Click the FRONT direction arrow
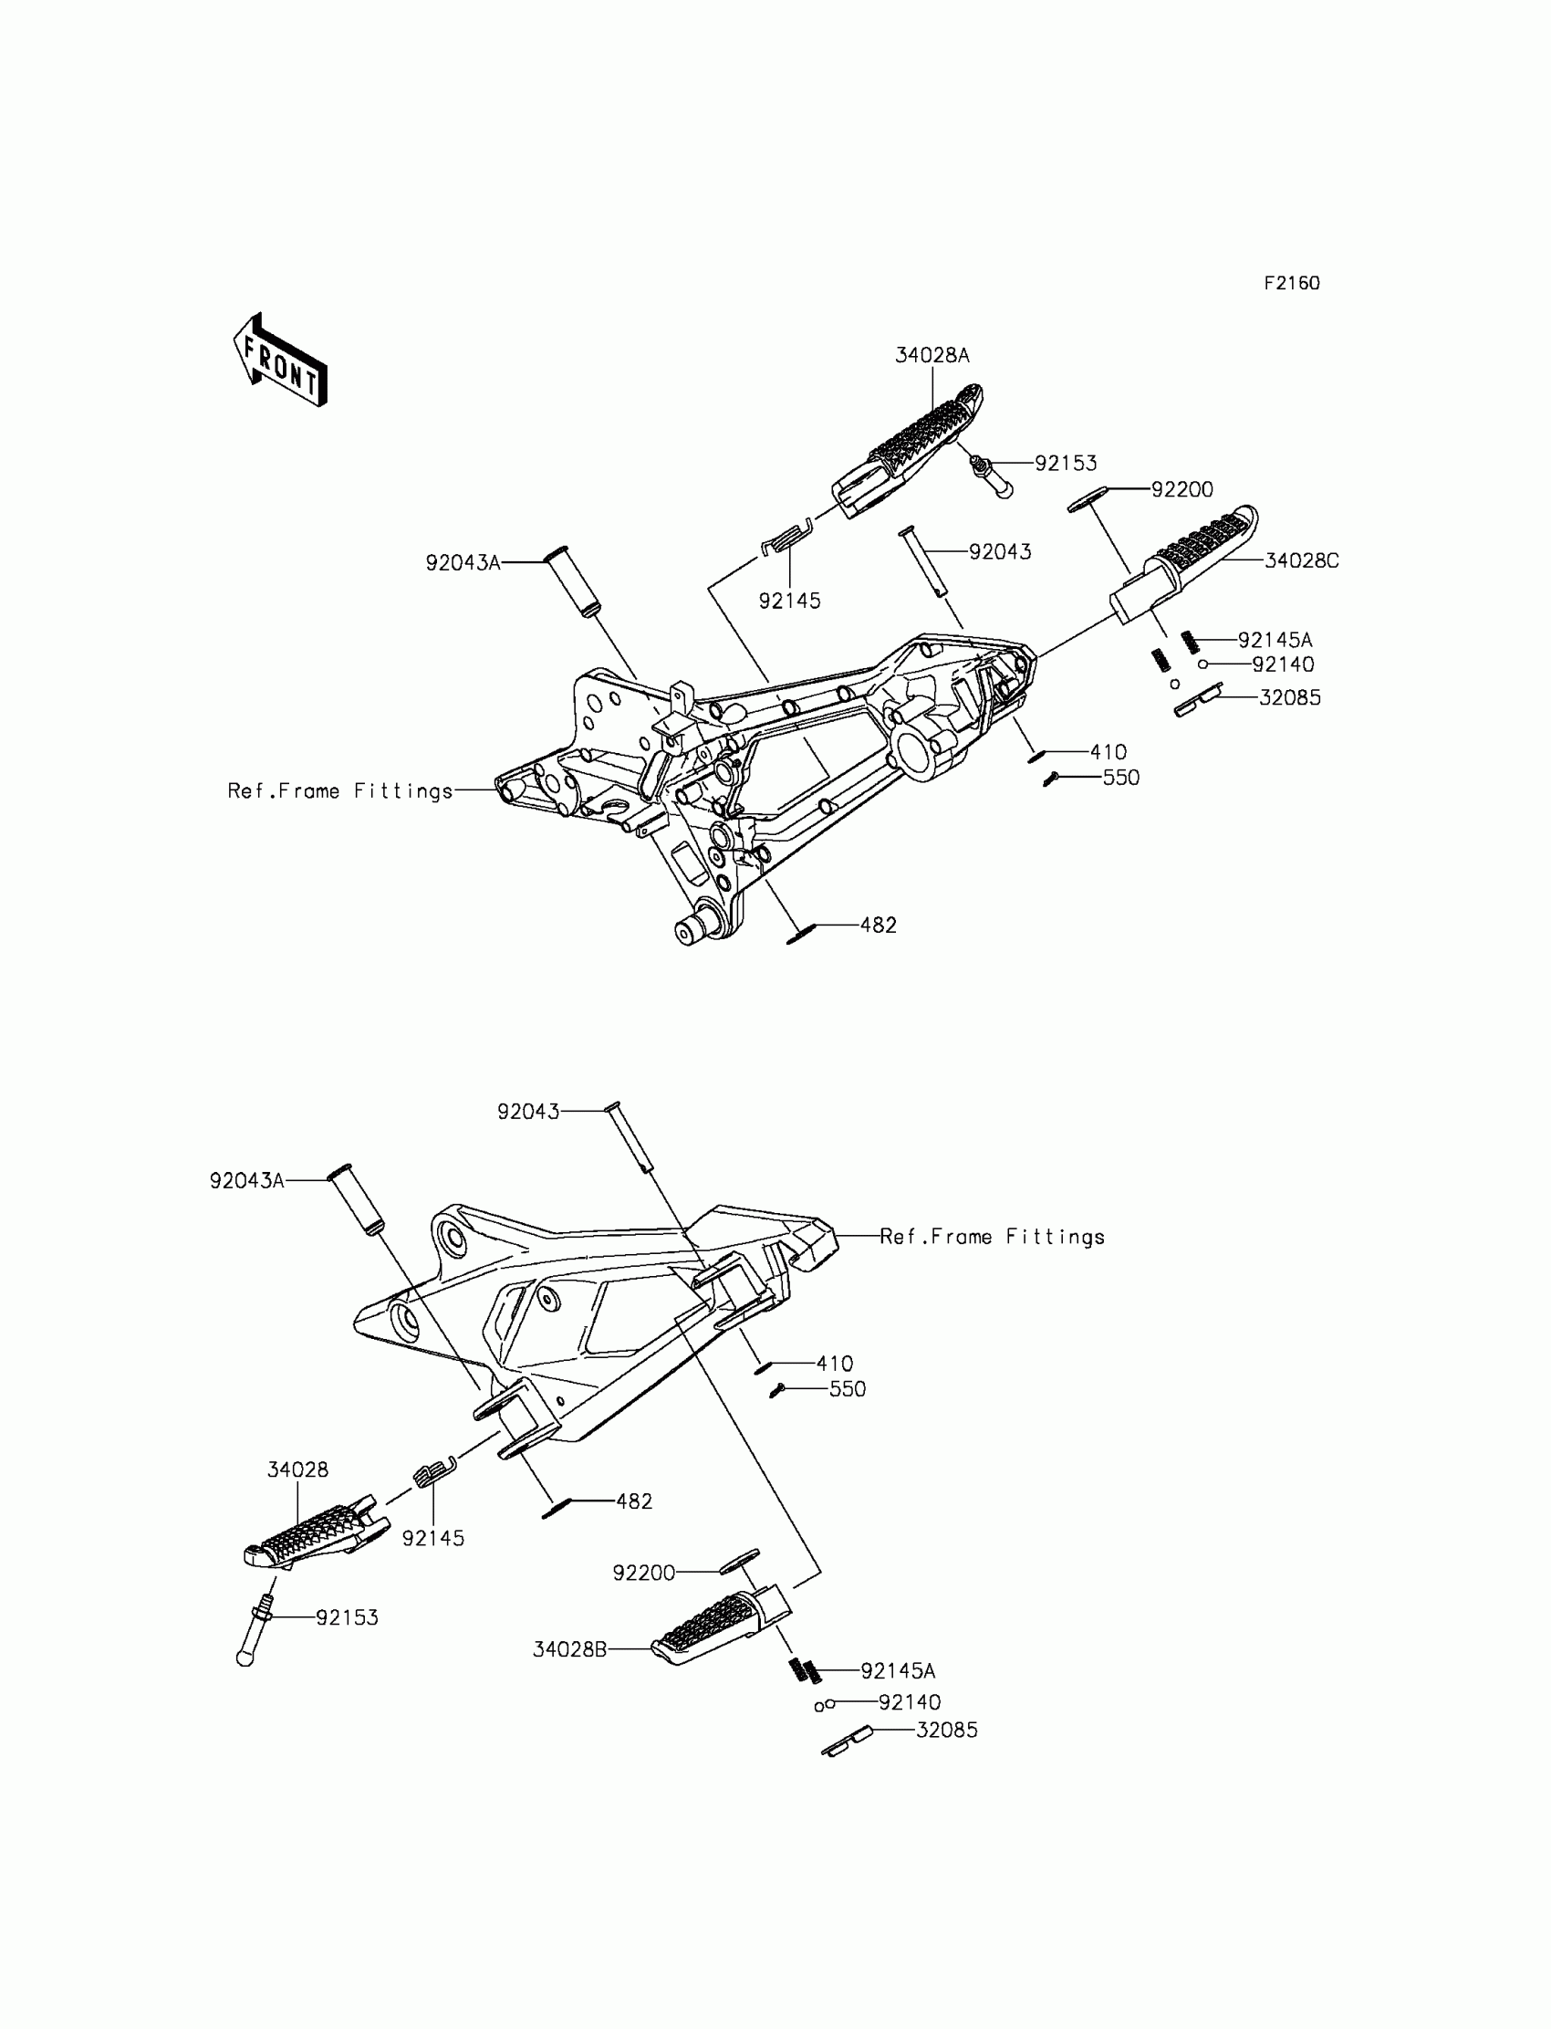[x=280, y=361]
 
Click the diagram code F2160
[x=1292, y=284]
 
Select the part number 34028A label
[x=932, y=356]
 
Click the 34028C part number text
[x=1301, y=560]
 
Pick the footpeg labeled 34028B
[x=721, y=1629]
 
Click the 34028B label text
[x=569, y=1649]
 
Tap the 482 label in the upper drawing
[x=878, y=926]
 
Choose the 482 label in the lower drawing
[x=634, y=1501]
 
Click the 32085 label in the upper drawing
[x=1290, y=698]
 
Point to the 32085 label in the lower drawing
[x=946, y=1731]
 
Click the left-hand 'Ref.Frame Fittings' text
[x=339, y=791]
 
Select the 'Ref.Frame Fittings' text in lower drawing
[x=992, y=1238]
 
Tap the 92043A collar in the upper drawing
[x=573, y=580]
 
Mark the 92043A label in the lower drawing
[x=246, y=1181]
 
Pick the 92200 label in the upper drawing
[x=1181, y=489]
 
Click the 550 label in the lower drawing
[x=847, y=1389]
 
